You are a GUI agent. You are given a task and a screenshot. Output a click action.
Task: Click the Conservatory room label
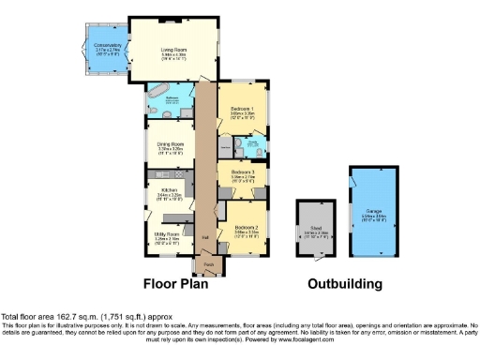(102, 43)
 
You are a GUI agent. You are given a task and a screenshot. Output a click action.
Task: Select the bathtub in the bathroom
(155, 97)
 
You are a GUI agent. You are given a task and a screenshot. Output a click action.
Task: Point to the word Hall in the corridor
(205, 236)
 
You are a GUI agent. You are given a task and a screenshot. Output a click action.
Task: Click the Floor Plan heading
(181, 283)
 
